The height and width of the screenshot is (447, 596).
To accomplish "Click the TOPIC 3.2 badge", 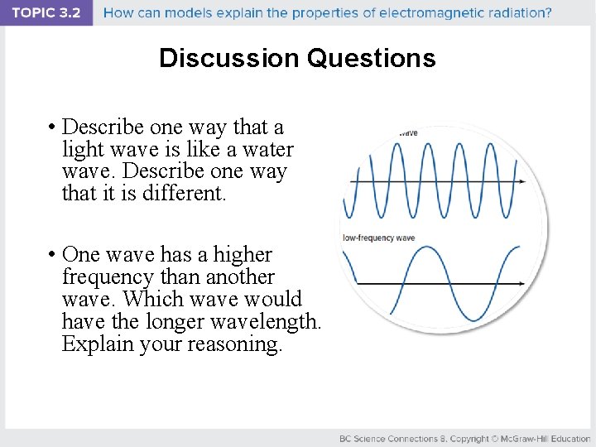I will [x=46, y=13].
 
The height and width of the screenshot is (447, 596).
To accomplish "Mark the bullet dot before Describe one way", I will [x=51, y=127].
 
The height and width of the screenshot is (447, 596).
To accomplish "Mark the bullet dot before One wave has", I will [x=51, y=255].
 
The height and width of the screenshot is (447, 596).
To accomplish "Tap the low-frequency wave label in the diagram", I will [x=380, y=239].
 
